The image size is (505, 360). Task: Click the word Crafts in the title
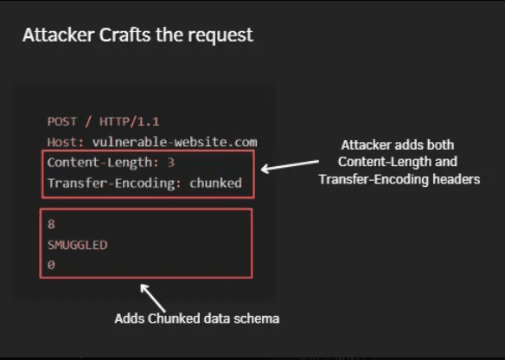click(x=125, y=35)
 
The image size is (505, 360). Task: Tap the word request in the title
click(x=221, y=36)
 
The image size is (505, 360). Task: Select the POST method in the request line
click(x=62, y=122)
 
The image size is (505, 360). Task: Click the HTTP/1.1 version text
click(x=130, y=122)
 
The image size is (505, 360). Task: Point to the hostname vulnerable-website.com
click(x=175, y=142)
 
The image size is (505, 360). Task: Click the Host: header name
click(x=66, y=142)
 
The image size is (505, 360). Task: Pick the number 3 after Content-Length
click(x=170, y=163)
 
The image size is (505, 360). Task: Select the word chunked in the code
click(x=215, y=183)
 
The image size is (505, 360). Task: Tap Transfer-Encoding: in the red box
click(x=114, y=183)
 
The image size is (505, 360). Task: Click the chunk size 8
click(x=51, y=224)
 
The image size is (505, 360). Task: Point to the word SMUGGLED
click(x=77, y=245)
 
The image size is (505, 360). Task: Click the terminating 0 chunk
click(x=51, y=266)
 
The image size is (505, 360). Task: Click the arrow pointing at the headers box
click(x=290, y=165)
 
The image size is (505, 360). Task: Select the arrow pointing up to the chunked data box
click(x=153, y=297)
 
